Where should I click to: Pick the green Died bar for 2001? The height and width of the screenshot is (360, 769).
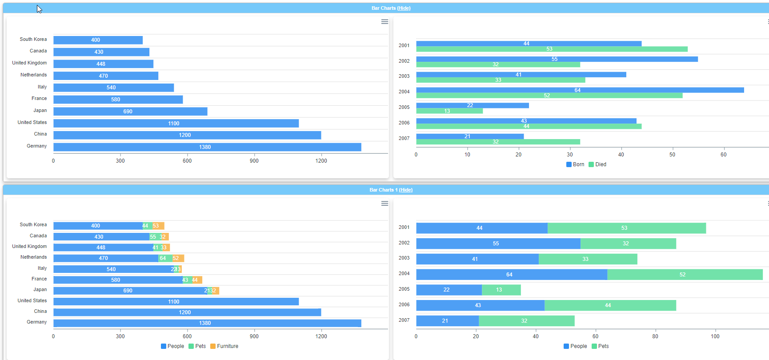551,49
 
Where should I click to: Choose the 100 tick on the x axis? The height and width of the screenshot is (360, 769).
715,336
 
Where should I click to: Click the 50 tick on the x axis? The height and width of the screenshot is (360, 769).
672,155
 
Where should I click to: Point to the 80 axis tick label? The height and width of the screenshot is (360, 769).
655,336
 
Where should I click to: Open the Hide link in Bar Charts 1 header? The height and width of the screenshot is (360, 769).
405,190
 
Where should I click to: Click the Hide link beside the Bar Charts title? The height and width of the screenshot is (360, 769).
404,8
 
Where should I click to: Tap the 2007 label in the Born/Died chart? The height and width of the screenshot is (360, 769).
404,138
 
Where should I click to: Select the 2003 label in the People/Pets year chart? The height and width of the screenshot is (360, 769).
404,258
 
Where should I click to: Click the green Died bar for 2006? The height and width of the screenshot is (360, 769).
529,126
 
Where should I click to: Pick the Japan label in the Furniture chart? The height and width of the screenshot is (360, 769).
40,290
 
